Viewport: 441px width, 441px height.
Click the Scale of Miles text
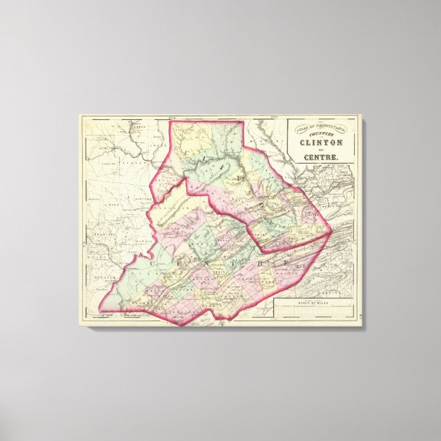pos(315,303)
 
